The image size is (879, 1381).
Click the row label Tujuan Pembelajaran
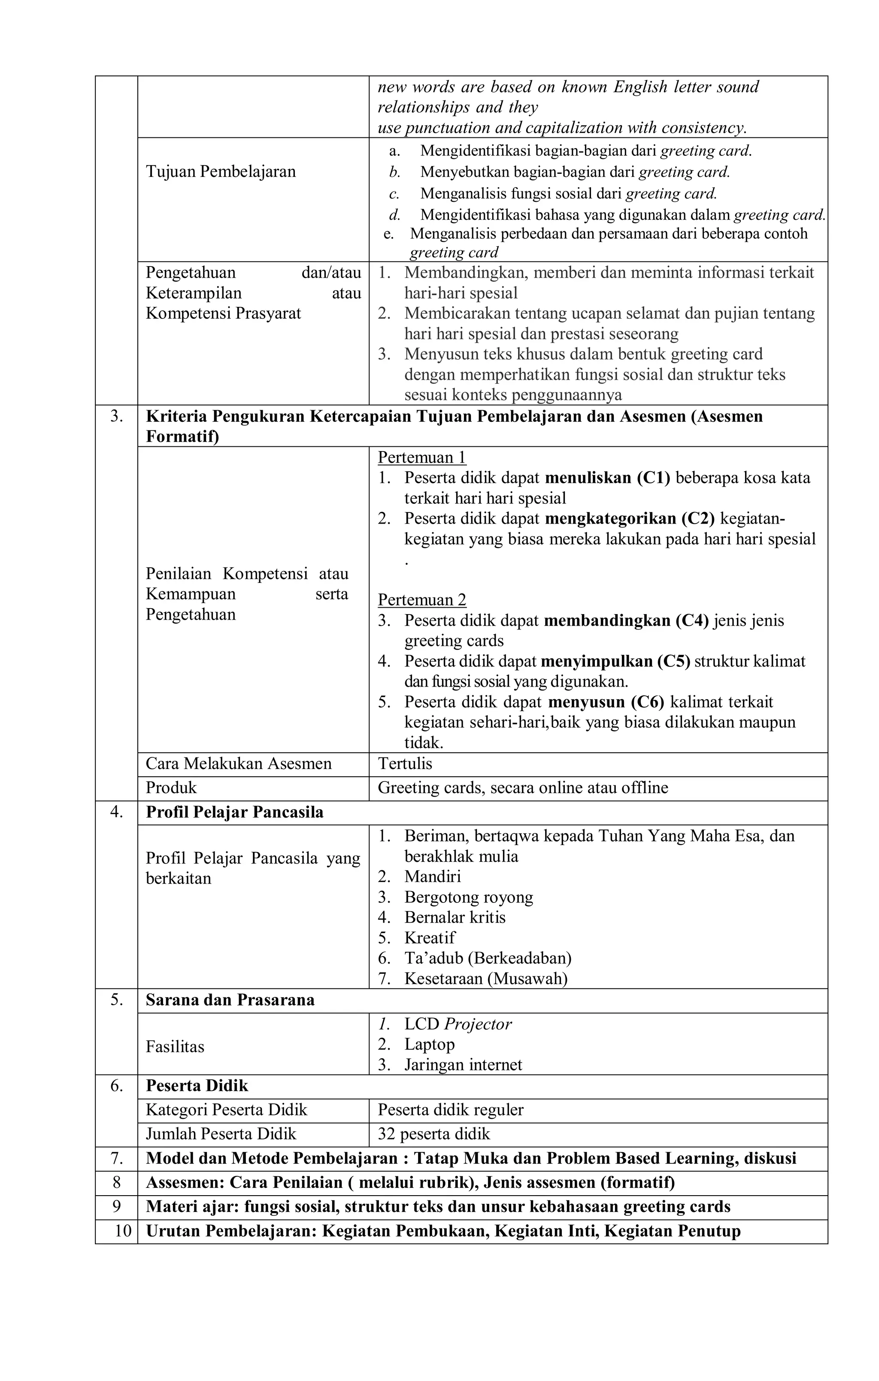coord(221,172)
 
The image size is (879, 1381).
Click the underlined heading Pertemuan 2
coord(422,600)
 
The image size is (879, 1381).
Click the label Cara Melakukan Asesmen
coord(239,763)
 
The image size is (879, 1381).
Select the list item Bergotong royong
coord(468,897)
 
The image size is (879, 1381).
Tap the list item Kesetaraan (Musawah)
coord(485,978)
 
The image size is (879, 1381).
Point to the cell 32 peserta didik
coord(434,1134)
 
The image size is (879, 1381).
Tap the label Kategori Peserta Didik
coord(227,1110)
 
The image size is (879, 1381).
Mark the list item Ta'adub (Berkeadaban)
coord(487,958)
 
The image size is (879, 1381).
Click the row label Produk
coord(171,787)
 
